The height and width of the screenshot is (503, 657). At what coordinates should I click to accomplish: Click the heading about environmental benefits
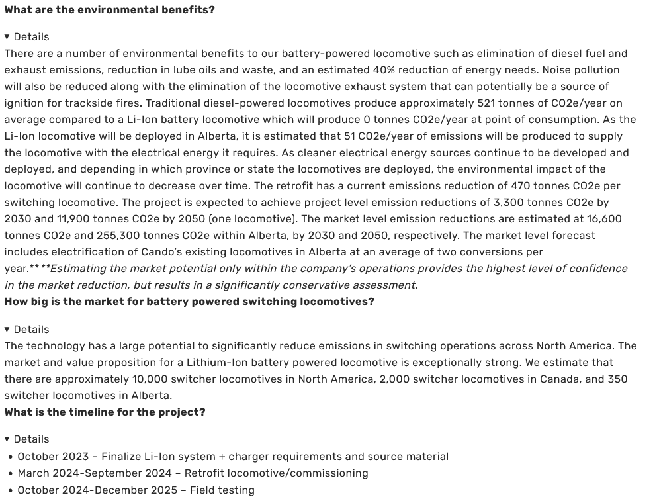click(109, 10)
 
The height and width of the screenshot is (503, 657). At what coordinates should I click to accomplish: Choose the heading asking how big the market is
click(189, 302)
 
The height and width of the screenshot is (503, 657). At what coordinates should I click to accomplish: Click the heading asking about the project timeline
click(105, 412)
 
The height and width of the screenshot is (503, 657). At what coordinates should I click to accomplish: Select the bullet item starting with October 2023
click(233, 457)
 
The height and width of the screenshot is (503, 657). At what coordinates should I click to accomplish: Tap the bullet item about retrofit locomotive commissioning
click(193, 473)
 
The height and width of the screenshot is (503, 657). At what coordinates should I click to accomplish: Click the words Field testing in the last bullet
click(222, 490)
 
